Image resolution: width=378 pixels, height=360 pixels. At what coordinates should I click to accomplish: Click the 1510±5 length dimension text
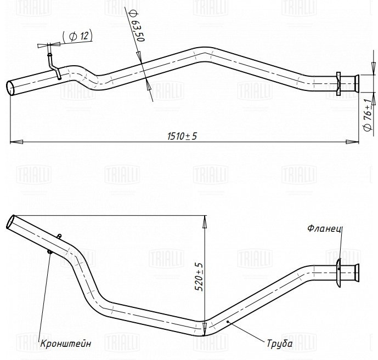pyautogui.click(x=182, y=136)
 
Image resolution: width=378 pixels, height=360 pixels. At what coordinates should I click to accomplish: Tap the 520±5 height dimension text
pyautogui.click(x=199, y=277)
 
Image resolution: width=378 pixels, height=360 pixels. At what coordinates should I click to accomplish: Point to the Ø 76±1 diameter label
pyautogui.click(x=368, y=115)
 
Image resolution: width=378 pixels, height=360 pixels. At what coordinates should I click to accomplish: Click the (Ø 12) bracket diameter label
pyautogui.click(x=77, y=36)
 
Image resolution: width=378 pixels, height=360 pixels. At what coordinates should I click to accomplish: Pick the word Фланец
pyautogui.click(x=325, y=228)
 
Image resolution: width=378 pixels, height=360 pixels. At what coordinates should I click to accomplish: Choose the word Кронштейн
pyautogui.click(x=66, y=344)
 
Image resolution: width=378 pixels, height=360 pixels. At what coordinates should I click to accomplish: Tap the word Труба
pyautogui.click(x=280, y=344)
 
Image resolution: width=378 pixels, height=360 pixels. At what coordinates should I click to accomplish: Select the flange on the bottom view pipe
pyautogui.click(x=338, y=272)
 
